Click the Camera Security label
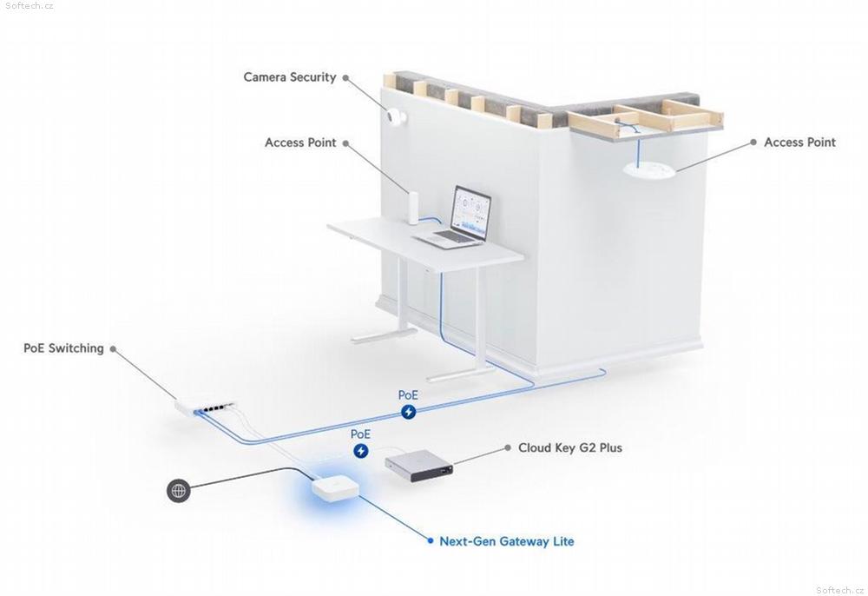coord(290,77)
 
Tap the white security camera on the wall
coord(397,117)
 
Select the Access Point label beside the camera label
coord(300,142)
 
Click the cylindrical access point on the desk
coord(413,208)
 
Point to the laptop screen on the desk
coord(471,213)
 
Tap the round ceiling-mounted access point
coord(648,169)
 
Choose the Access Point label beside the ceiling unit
coord(800,142)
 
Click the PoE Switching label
coord(63,348)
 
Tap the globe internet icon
coord(178,491)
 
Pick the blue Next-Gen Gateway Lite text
coord(507,541)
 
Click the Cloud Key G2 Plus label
coord(570,447)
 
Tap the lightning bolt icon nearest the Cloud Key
coord(361,451)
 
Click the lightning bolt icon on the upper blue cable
coord(409,412)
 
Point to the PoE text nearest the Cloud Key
coord(360,434)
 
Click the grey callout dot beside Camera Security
coord(345,77)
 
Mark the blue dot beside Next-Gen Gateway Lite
coord(431,540)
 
